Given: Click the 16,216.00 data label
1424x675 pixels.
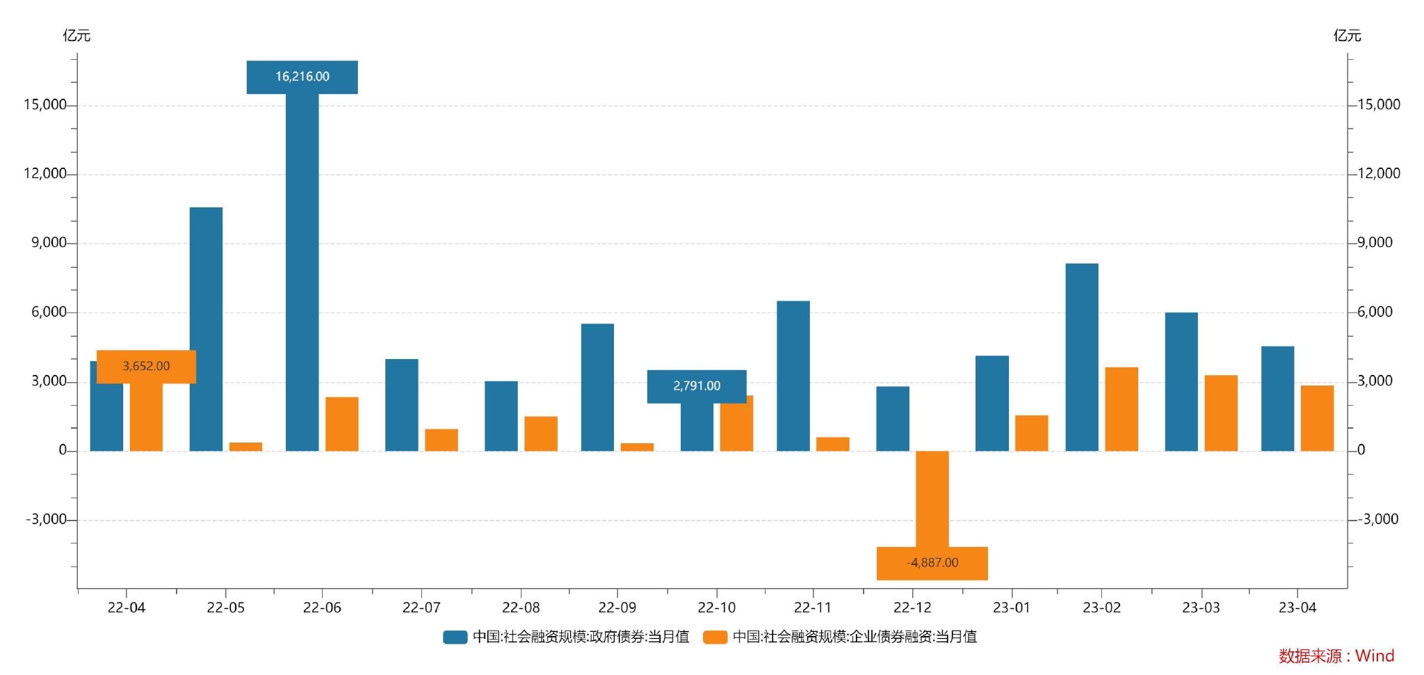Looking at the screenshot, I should pos(302,77).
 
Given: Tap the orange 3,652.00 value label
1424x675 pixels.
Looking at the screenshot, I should pos(146,366).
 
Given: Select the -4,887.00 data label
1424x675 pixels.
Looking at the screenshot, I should pos(932,563).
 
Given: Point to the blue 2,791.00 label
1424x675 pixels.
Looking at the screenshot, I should pos(697,386).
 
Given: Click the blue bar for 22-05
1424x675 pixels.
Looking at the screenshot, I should pos(206,328).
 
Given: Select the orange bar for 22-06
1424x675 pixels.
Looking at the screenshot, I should pos(341,424).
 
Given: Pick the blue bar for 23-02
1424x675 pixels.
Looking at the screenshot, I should pos(1081,357).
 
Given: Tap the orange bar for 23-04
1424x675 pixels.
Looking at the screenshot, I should pos(1317,418).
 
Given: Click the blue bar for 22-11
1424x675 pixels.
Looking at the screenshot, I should pos(793,376).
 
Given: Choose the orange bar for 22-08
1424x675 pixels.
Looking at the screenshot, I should pos(541,434).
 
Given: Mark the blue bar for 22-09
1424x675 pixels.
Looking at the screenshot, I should pos(597,387).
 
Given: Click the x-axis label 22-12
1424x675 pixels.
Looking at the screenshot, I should pos(912,607).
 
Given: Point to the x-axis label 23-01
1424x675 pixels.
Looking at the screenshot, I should pos(1011,607).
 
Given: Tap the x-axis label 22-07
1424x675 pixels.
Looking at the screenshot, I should pos(421,607).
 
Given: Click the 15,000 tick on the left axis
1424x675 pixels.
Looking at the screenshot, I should pos(44,104).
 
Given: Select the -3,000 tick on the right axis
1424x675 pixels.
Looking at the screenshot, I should pos(1377,519).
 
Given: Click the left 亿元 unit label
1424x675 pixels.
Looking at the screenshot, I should pos(76,35).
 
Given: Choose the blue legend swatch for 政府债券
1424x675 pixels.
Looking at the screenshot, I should pos(455,637).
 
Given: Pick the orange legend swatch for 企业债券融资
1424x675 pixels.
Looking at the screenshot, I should pos(715,637).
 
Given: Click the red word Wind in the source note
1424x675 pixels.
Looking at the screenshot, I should pos(1375,656).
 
